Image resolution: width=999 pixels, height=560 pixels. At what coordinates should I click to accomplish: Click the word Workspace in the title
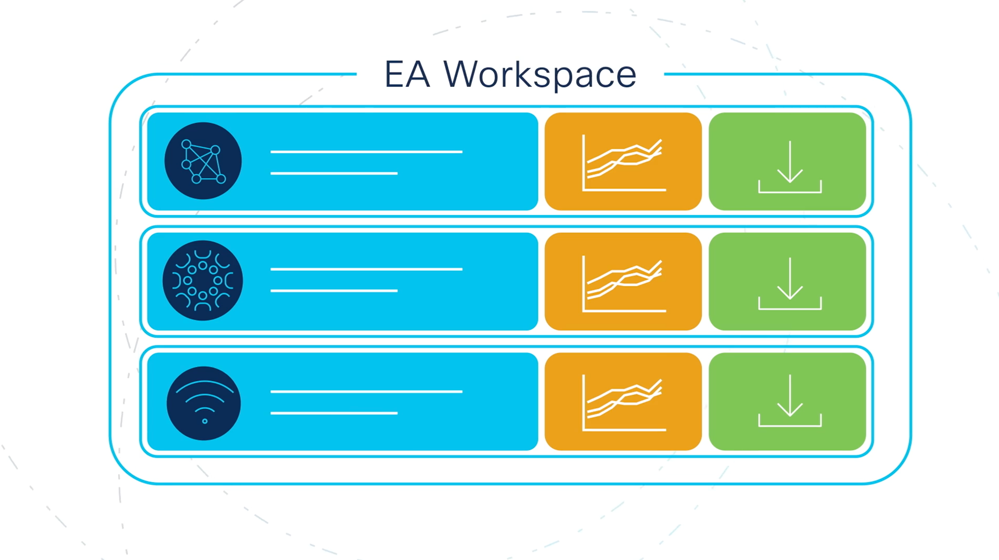pos(540,75)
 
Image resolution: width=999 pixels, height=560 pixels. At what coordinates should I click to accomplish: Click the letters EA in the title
pos(407,75)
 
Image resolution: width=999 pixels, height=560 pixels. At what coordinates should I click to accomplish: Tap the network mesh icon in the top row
pos(203,161)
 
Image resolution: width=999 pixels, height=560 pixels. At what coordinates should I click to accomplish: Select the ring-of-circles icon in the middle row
pos(203,281)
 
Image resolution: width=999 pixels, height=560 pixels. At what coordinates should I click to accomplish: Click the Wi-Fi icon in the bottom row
pos(204,403)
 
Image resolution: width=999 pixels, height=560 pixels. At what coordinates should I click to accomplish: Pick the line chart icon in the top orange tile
pos(623,163)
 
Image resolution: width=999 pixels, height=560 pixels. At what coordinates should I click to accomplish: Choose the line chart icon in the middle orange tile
pos(623,283)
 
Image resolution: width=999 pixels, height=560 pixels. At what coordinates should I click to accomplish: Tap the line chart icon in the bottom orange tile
pos(623,402)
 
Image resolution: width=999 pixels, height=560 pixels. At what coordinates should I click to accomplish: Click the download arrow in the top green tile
pos(789,166)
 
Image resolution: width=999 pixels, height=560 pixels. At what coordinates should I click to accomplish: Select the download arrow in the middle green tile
pos(789,283)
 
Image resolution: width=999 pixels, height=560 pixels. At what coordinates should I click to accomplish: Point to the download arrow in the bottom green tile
pos(789,400)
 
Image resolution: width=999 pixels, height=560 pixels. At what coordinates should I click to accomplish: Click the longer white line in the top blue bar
pos(366,152)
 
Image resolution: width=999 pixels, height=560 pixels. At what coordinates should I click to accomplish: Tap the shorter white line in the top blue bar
pos(334,173)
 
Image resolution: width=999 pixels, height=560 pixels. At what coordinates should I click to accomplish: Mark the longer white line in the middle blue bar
pos(366,269)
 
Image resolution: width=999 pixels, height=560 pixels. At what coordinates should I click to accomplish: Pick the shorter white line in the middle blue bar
pos(334,291)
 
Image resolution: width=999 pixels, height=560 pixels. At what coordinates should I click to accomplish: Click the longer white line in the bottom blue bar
pos(366,392)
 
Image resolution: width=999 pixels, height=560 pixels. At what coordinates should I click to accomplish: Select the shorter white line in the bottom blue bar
pos(334,413)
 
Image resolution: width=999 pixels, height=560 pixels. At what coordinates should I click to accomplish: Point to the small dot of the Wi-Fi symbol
pos(204,421)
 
